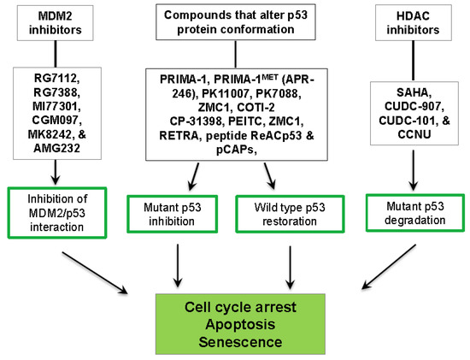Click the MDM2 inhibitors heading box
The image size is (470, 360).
56,23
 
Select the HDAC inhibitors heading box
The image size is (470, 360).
414,23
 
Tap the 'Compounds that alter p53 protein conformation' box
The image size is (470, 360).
236,22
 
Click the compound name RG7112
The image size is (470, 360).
56,79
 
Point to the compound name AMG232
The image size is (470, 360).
56,148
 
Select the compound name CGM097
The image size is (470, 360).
57,121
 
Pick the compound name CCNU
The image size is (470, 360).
414,134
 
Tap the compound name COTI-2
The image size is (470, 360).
256,108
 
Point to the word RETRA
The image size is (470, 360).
179,136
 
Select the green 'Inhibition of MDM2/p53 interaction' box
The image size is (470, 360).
57,213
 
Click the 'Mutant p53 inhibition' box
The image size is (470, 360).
172,214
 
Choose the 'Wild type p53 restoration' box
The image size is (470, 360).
290,214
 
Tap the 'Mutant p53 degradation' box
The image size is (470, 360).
415,213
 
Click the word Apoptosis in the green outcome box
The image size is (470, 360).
240,324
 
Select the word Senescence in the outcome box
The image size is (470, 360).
240,342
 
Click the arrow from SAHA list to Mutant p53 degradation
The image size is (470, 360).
414,170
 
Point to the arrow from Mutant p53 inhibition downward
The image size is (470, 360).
178,266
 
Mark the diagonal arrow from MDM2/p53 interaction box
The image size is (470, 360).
95,273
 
